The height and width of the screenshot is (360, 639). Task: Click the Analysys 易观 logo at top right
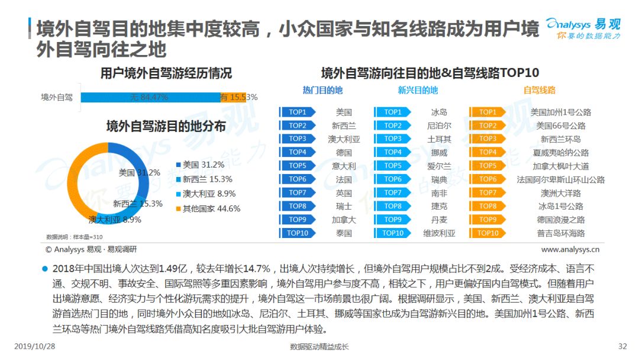(583, 28)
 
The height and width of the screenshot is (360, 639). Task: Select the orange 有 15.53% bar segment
(234, 97)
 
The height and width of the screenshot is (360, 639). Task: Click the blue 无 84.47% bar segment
(151, 97)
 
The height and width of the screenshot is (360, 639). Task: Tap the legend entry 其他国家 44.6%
(208, 209)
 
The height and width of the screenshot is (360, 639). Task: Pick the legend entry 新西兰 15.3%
(204, 179)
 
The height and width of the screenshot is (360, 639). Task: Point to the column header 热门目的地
(322, 90)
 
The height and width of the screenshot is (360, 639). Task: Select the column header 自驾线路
(539, 90)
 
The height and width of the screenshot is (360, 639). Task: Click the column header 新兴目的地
(418, 90)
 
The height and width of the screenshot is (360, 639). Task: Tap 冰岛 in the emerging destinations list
(439, 112)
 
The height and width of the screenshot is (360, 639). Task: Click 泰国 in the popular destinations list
(344, 233)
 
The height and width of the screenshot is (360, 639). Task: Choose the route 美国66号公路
(560, 126)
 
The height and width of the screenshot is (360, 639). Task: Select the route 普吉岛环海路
(560, 233)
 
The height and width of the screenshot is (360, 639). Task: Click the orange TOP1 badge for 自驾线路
(488, 112)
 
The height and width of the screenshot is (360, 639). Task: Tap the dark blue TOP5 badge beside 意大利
(298, 166)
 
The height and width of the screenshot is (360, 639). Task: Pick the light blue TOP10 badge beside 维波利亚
(392, 233)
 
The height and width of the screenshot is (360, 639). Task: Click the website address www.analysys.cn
(570, 249)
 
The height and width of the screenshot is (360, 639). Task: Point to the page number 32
(622, 346)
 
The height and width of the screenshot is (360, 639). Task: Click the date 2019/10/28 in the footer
(35, 346)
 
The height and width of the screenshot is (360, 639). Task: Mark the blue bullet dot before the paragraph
(45, 269)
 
